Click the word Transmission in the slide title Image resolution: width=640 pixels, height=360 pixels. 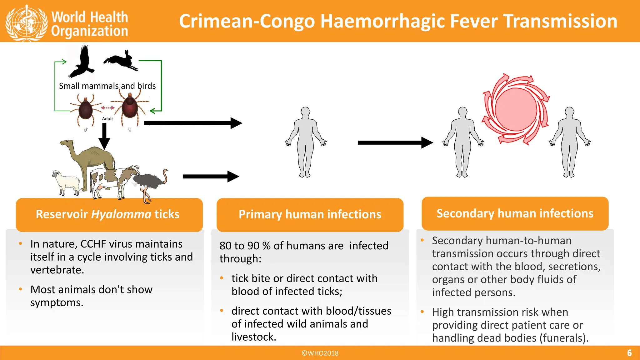pyautogui.click(x=561, y=21)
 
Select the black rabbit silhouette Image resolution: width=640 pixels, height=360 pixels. pyautogui.click(x=121, y=60)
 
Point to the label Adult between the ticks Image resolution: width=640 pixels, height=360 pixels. pyautogui.click(x=107, y=119)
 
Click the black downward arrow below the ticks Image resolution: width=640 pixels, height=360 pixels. pyautogui.click(x=104, y=136)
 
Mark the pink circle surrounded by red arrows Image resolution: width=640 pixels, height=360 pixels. pyautogui.click(x=516, y=109)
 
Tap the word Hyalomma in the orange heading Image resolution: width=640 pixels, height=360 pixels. pyautogui.click(x=121, y=214)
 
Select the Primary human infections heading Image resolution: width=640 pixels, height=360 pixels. pyautogui.click(x=310, y=214)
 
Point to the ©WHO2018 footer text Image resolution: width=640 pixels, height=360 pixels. pyautogui.click(x=320, y=353)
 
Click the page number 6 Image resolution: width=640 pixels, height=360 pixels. pyautogui.click(x=629, y=353)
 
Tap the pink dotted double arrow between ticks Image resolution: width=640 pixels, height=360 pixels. pyautogui.click(x=107, y=108)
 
